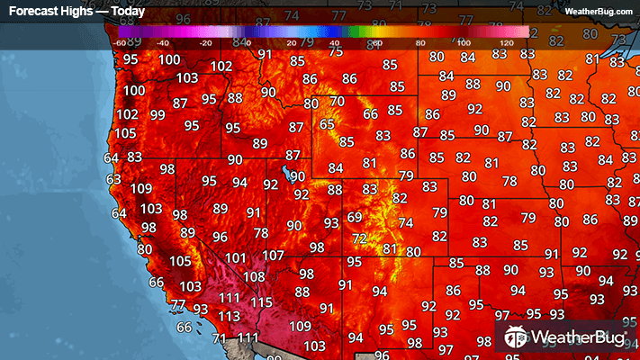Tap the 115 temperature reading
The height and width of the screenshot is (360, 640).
[261, 302]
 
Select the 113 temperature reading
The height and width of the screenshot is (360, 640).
[229, 317]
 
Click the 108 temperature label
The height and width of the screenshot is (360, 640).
[254, 277]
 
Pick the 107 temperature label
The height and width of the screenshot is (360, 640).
[274, 256]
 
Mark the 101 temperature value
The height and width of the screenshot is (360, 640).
[236, 258]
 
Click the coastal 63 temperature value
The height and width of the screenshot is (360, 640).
[113, 179]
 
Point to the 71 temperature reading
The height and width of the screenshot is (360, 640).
[220, 338]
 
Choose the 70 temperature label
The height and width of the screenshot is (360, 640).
[337, 102]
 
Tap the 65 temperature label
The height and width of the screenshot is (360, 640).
[327, 124]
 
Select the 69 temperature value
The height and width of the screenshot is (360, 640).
[355, 218]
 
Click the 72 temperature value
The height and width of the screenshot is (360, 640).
[360, 238]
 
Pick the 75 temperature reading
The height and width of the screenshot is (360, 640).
[336, 52]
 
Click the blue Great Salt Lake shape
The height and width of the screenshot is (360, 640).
[285, 170]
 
